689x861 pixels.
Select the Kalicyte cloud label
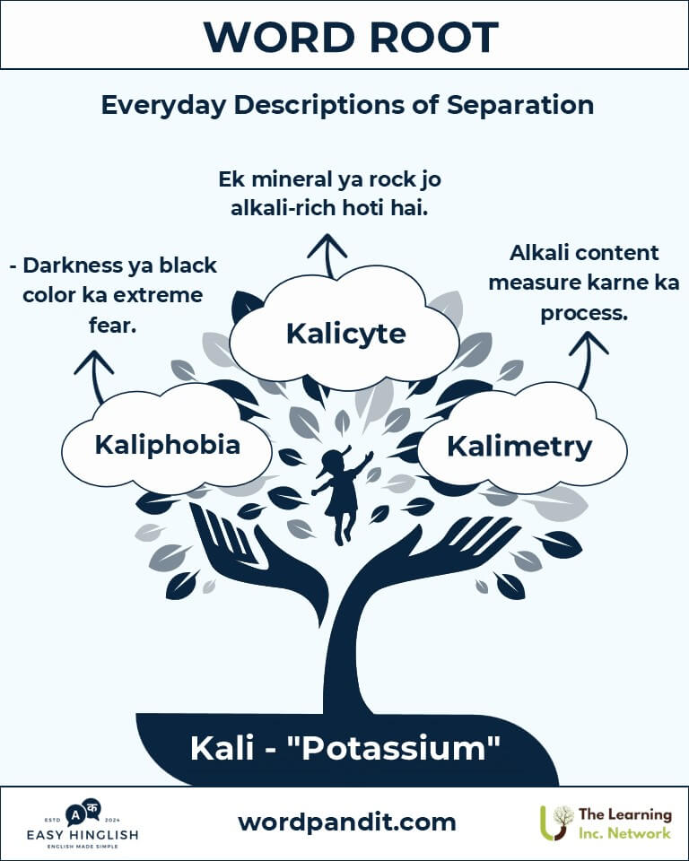coord(345,334)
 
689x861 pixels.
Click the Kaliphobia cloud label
coord(167,445)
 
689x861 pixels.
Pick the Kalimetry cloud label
coord(519,446)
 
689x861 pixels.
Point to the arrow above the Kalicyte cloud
coord(327,256)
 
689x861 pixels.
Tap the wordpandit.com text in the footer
coord(346,822)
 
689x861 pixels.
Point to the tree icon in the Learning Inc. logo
coord(556,822)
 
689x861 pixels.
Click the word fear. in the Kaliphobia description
coord(113,325)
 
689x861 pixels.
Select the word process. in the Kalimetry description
coord(584,313)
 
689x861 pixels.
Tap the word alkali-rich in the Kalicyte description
coord(283,209)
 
